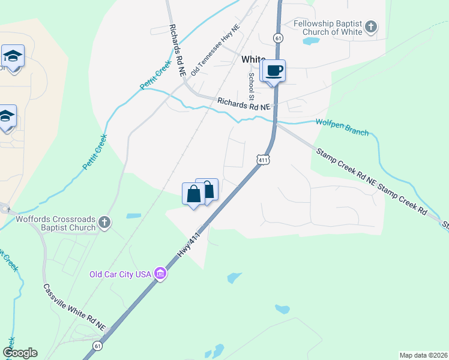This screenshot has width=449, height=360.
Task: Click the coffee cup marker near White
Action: [x=274, y=71]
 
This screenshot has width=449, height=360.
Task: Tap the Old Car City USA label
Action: [x=120, y=275]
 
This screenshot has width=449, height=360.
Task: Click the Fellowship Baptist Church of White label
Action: [x=328, y=28]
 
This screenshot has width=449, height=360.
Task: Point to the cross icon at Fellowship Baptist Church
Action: [x=372, y=27]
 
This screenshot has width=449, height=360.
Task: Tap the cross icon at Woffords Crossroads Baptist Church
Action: [x=104, y=223]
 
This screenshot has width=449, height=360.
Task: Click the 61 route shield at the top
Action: [x=277, y=38]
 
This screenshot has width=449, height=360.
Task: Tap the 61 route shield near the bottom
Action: [x=97, y=346]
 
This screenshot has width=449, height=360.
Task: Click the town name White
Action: [x=253, y=59]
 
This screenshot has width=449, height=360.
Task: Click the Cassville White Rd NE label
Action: [x=74, y=307]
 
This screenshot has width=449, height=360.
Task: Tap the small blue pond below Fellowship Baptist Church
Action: [x=310, y=41]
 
